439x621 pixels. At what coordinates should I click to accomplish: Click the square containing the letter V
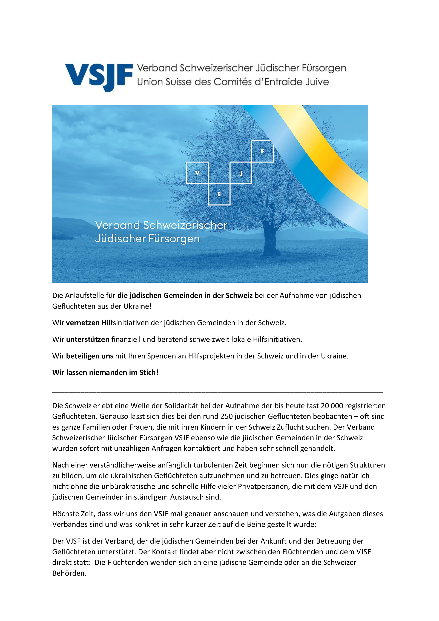(x=197, y=173)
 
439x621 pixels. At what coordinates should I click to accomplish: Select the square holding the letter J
(x=241, y=173)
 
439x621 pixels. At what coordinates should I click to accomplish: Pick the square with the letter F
(x=262, y=152)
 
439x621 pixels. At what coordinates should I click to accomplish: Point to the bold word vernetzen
(x=83, y=323)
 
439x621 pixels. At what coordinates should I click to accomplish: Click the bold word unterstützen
(x=88, y=339)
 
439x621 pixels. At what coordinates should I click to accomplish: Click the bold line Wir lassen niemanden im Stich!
(x=105, y=372)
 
